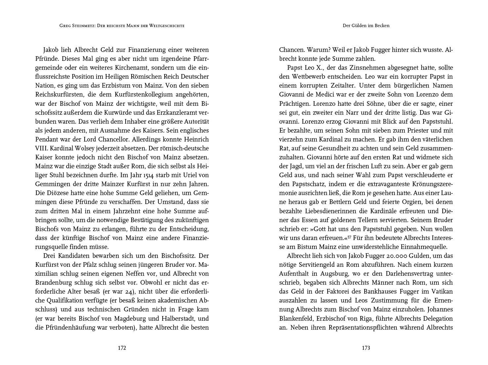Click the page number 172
click(122, 348)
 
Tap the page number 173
click(366, 348)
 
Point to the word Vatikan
click(441, 292)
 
